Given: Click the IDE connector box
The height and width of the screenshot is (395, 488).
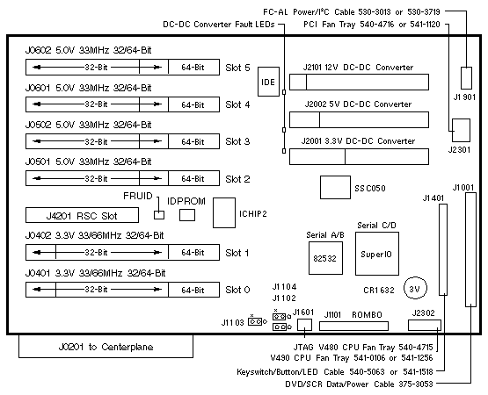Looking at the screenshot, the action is tap(268, 82).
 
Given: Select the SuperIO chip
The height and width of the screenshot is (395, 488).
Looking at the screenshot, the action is tap(377, 254).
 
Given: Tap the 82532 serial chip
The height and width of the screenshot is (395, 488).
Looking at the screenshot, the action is tap(325, 258).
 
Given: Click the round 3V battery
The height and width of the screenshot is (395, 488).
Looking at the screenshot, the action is tap(415, 288).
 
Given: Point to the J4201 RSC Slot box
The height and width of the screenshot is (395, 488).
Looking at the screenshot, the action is tap(82, 215).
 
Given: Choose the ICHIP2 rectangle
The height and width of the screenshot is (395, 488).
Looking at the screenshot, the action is tap(224, 213).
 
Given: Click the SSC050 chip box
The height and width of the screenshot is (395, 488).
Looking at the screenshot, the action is tap(335, 187).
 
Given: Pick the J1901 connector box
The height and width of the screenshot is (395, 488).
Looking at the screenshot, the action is tap(466, 78).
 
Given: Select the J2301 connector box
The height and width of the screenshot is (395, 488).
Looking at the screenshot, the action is tap(461, 130).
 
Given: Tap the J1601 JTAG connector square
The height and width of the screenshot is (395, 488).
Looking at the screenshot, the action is tap(304, 325).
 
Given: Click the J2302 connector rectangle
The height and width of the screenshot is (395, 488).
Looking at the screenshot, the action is tap(425, 326).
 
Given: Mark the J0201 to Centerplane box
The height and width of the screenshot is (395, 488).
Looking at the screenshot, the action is tap(106, 346).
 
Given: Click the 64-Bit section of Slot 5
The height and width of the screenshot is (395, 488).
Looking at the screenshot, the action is tap(193, 67).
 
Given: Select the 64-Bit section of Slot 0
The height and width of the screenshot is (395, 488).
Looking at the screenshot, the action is tap(193, 290).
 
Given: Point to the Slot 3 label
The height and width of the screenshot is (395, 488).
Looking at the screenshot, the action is tap(237, 141).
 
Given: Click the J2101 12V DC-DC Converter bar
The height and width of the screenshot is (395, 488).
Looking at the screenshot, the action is tap(359, 82).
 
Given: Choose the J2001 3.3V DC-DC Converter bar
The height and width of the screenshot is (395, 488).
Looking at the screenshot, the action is tap(359, 156).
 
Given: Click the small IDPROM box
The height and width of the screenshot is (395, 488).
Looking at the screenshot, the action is tap(187, 215).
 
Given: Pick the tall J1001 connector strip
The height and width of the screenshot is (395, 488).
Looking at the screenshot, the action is tap(471, 249).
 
